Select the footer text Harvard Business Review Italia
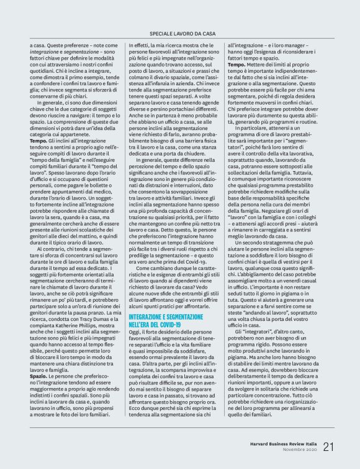(x=278, y=443)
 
